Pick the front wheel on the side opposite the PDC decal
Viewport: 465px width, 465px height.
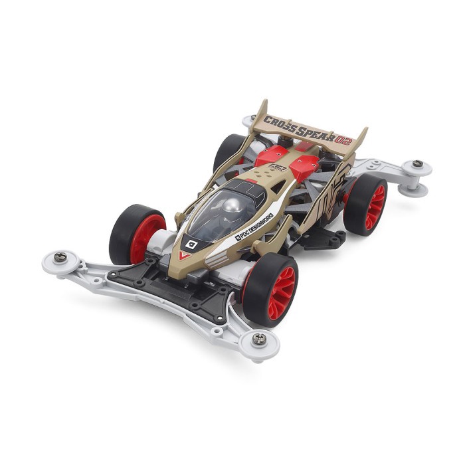coord(137,233)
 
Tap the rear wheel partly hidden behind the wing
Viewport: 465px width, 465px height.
coord(230,150)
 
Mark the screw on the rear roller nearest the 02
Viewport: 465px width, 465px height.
coord(417,163)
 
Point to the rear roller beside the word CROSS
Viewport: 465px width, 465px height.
coord(250,122)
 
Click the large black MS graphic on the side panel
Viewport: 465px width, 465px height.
coord(331,192)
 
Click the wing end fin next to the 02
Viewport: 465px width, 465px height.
coord(360,139)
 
